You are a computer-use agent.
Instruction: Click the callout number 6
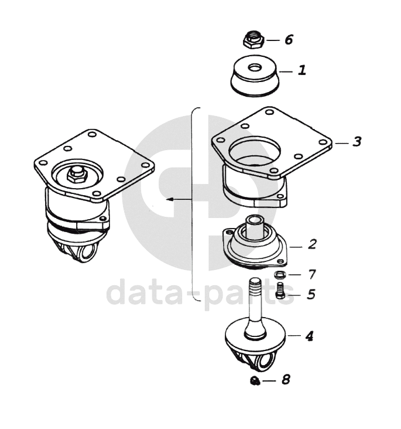pyautogui.click(x=289, y=39)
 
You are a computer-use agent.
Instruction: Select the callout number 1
pyautogui.click(x=302, y=70)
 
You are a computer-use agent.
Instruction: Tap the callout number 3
pyautogui.click(x=357, y=142)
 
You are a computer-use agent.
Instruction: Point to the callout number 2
pyautogui.click(x=312, y=244)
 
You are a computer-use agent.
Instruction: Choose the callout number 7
pyautogui.click(x=312, y=274)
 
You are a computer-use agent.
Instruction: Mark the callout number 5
pyautogui.click(x=311, y=294)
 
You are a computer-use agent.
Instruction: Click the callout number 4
pyautogui.click(x=309, y=336)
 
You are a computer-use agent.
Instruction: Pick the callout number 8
pyautogui.click(x=286, y=380)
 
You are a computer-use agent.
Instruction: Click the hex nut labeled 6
pyautogui.click(x=253, y=40)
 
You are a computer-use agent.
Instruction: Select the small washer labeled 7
pyautogui.click(x=280, y=274)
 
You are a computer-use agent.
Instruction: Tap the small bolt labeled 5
pyautogui.click(x=280, y=291)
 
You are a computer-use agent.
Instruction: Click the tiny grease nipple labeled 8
pyautogui.click(x=255, y=380)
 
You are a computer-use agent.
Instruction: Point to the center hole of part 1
pyautogui.click(x=255, y=67)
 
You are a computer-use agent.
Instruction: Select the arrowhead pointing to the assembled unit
pyautogui.click(x=170, y=199)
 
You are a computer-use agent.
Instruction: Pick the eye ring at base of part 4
pyautogui.click(x=266, y=362)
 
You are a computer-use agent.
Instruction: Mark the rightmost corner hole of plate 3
pyautogui.click(x=323, y=142)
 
